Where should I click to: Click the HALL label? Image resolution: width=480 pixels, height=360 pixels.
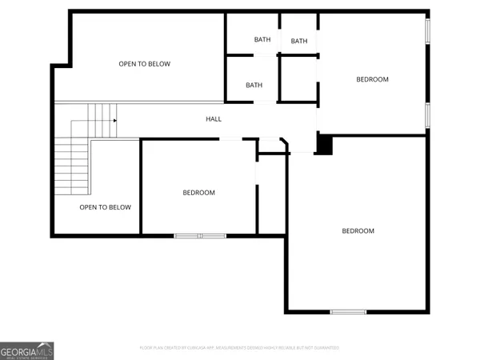tap(214, 119)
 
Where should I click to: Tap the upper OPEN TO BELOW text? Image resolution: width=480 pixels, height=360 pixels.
tap(145, 64)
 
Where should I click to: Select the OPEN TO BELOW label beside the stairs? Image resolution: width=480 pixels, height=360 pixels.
tap(105, 207)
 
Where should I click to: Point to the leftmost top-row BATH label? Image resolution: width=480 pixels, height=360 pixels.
tap(262, 40)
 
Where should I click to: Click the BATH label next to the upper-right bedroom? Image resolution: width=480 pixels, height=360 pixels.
tap(299, 42)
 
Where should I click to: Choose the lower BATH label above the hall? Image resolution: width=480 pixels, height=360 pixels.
tap(254, 85)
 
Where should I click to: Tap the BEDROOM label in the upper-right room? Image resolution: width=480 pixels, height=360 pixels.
tap(372, 79)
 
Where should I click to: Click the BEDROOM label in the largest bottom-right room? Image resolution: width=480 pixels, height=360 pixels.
tap(358, 231)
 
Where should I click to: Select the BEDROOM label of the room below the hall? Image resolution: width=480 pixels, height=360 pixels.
tap(198, 193)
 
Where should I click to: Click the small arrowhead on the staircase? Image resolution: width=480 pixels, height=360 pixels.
tap(115, 121)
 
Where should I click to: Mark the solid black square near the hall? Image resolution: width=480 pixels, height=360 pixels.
tap(324, 145)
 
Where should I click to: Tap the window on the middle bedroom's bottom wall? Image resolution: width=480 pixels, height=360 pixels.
tap(200, 235)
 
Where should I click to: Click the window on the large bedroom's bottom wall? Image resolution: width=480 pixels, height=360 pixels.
tap(348, 311)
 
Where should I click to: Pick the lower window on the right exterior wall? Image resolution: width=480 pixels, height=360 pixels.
tap(428, 114)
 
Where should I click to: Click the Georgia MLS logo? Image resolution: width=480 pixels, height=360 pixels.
tap(27, 350)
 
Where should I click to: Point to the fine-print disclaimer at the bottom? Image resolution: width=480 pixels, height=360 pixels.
tap(239, 348)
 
